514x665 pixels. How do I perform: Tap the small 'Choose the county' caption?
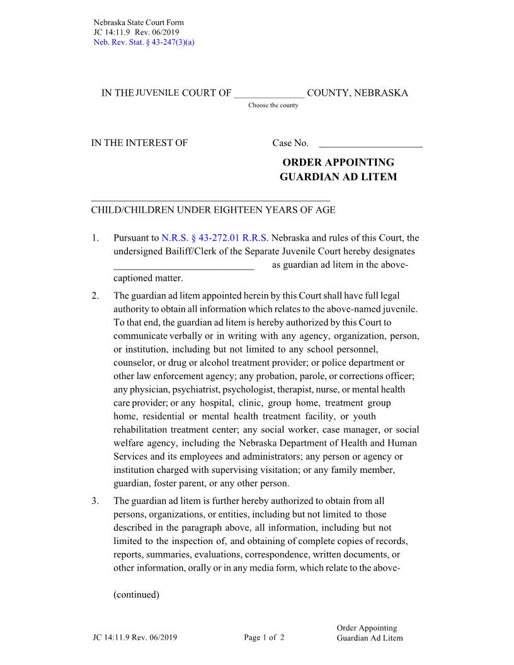coord(273,105)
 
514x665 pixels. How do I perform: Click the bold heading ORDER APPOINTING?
coord(338,162)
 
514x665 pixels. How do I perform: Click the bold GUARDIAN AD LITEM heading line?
coord(338,177)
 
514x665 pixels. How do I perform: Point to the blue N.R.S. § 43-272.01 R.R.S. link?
coord(215,238)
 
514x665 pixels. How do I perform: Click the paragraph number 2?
coord(95,295)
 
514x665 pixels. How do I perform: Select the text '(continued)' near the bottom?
coord(136,594)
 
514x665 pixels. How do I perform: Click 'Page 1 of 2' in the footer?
coord(264,637)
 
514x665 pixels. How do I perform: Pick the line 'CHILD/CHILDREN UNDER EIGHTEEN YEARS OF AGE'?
coord(213,210)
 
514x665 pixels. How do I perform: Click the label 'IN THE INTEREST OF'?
coord(139,143)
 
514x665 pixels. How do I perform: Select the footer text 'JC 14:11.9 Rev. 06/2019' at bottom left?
coord(134,637)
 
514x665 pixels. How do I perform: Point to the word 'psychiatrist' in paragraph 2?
coord(177,389)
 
